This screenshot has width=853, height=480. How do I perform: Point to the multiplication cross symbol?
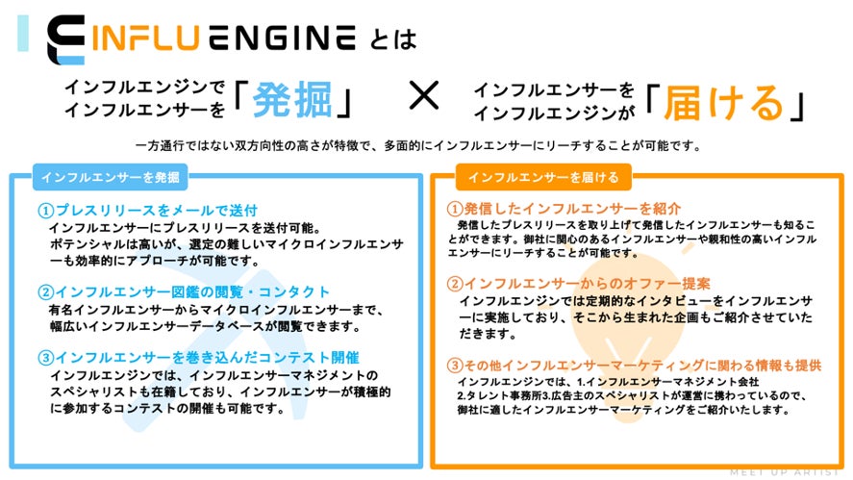coord(423,96)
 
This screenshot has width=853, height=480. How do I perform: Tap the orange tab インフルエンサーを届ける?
coord(530,177)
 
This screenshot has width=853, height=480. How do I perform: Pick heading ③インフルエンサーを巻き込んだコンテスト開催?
coord(199,357)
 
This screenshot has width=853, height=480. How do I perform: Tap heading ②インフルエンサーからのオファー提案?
coord(579,284)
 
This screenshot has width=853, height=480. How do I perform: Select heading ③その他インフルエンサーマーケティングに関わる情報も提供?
coord(635,365)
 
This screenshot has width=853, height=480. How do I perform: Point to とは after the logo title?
coord(392,39)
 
